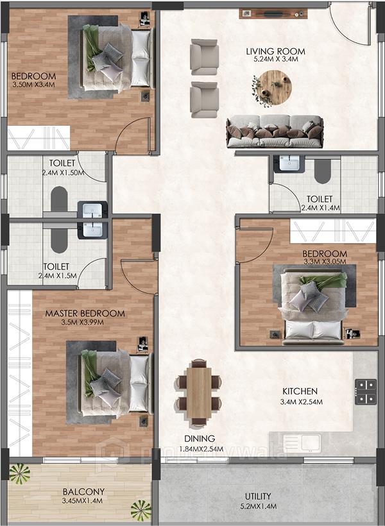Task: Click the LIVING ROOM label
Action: tap(275, 51)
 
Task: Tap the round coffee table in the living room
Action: tap(272, 87)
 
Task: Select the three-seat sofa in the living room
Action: tap(275, 131)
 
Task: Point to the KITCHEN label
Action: tap(300, 391)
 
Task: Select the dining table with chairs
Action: tap(199, 393)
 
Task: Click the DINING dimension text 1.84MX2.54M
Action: tap(200, 448)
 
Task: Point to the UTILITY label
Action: tap(257, 496)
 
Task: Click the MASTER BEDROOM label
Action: tap(85, 314)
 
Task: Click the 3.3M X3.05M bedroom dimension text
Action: tap(324, 261)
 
